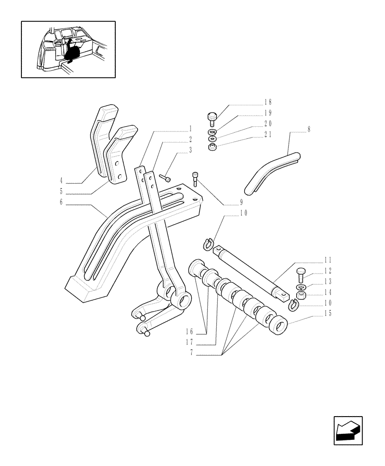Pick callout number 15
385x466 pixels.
pyautogui.click(x=328, y=314)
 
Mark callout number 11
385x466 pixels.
pyautogui.click(x=328, y=260)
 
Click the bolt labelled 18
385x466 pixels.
pyautogui.click(x=212, y=119)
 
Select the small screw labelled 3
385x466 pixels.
pyautogui.click(x=165, y=178)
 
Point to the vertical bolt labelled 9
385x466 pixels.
pyautogui.click(x=195, y=179)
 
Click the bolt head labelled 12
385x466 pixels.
pyautogui.click(x=300, y=274)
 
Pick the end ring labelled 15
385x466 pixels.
pyautogui.click(x=279, y=325)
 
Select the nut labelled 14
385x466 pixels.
pyautogui.click(x=300, y=295)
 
